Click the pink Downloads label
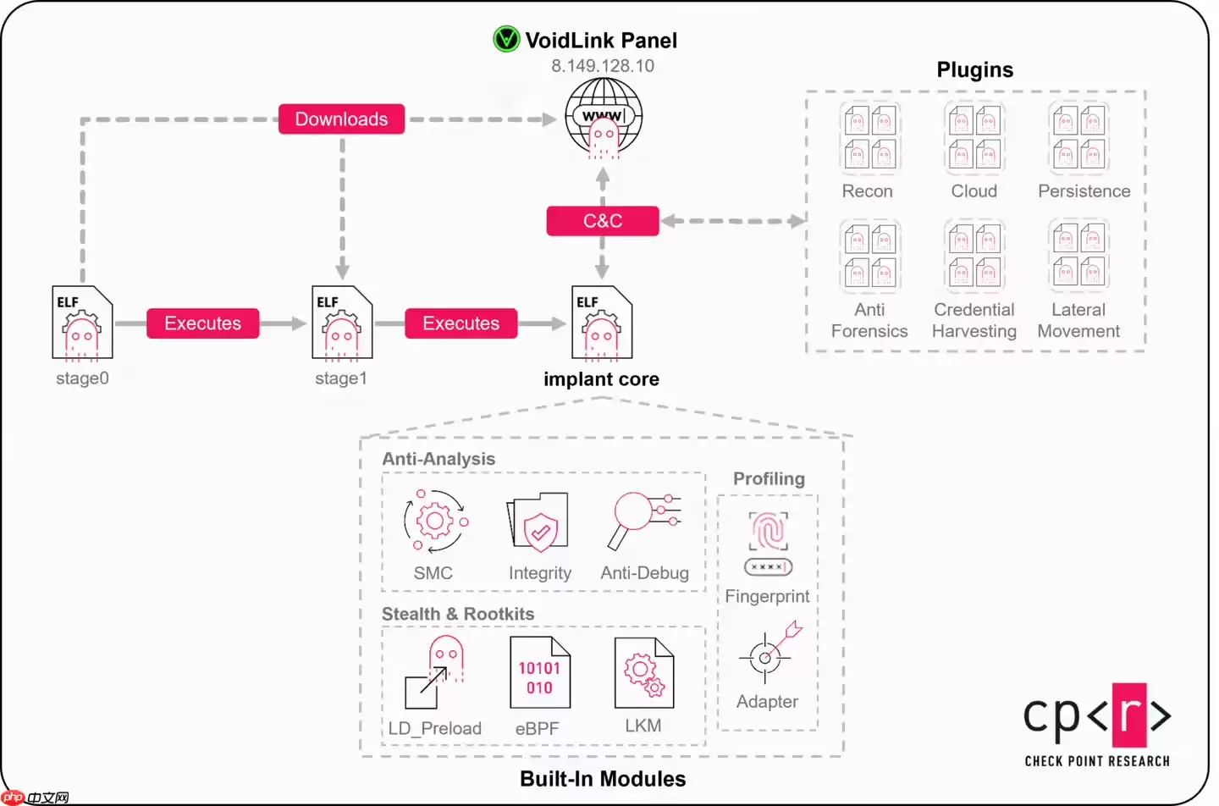[341, 119]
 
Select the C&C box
[602, 221]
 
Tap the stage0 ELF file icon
[82, 323]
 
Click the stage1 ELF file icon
[342, 323]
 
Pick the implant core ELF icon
[602, 323]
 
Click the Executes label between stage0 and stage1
[202, 323]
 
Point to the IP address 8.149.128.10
[602, 66]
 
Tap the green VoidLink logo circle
[506, 39]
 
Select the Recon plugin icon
[869, 136]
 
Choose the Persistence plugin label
[1084, 191]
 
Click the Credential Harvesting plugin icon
[974, 255]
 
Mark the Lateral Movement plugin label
[1078, 320]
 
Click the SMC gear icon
[435, 520]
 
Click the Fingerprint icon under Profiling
[768, 542]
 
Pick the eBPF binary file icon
[539, 673]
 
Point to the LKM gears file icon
[643, 673]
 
